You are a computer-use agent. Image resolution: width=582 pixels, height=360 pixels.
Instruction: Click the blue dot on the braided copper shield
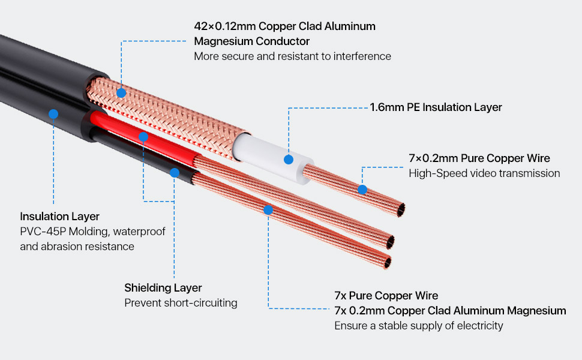click(x=121, y=93)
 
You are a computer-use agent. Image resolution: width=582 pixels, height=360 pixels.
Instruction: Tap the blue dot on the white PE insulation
click(x=289, y=160)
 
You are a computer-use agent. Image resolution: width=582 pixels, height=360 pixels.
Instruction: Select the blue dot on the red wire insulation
click(x=143, y=137)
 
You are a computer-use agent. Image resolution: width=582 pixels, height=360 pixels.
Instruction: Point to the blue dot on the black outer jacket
click(x=53, y=113)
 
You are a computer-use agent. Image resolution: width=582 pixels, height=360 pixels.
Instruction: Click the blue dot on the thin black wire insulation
click(x=174, y=173)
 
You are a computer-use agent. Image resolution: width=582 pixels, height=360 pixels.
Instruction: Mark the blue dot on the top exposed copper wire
click(x=362, y=190)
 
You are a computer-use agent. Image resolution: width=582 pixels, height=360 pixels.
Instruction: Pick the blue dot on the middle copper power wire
click(x=268, y=210)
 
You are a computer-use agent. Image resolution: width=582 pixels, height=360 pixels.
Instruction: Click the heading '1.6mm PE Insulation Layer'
click(x=436, y=107)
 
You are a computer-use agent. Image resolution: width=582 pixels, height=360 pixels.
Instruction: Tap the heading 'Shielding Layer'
click(x=163, y=288)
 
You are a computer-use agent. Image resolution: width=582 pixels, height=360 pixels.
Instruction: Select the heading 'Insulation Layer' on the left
click(x=60, y=216)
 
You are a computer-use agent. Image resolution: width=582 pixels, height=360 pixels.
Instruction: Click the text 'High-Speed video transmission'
click(x=484, y=173)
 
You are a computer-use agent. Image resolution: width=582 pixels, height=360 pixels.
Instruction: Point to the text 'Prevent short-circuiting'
click(x=181, y=303)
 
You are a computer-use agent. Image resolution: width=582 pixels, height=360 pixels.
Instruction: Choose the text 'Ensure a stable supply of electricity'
click(x=418, y=326)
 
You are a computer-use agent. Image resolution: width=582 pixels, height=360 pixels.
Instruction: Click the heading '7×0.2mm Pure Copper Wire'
click(x=479, y=158)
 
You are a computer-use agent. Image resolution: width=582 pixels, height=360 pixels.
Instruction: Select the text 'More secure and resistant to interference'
click(x=292, y=56)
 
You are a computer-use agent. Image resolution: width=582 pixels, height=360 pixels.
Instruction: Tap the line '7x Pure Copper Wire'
click(x=386, y=296)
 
